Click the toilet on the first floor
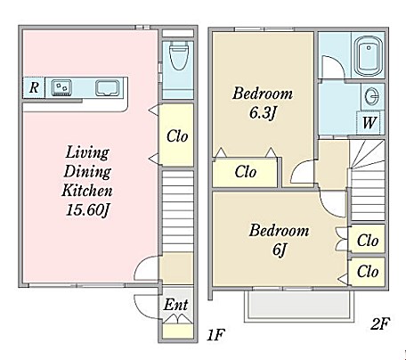click(x=178, y=55)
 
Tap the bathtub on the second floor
click(x=369, y=56)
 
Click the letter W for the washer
click(x=369, y=122)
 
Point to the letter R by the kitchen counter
click(x=34, y=87)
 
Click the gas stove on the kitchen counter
click(x=61, y=88)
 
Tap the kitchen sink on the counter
click(x=107, y=88)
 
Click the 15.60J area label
click(x=87, y=210)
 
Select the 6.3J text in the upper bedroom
click(x=263, y=113)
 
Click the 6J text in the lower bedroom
click(x=279, y=250)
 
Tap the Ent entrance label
click(x=175, y=305)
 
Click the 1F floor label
click(x=215, y=335)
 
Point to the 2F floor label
click(x=380, y=323)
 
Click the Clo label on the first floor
click(x=177, y=136)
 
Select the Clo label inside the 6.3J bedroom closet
click(x=246, y=172)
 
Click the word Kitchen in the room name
click(x=87, y=191)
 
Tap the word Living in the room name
click(x=87, y=152)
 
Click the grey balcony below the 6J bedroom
click(x=299, y=305)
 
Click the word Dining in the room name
click(x=87, y=172)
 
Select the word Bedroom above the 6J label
click(x=279, y=231)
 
